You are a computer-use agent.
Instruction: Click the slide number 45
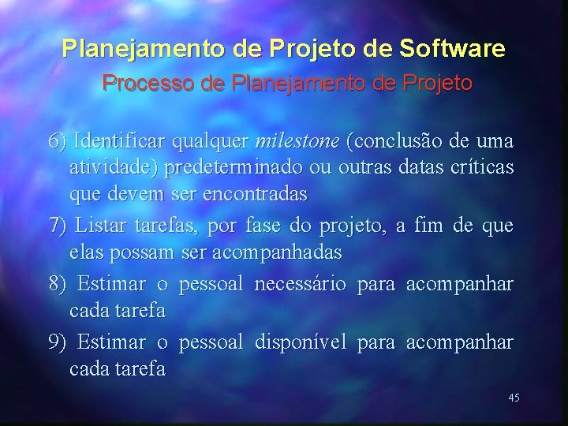[514, 398]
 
